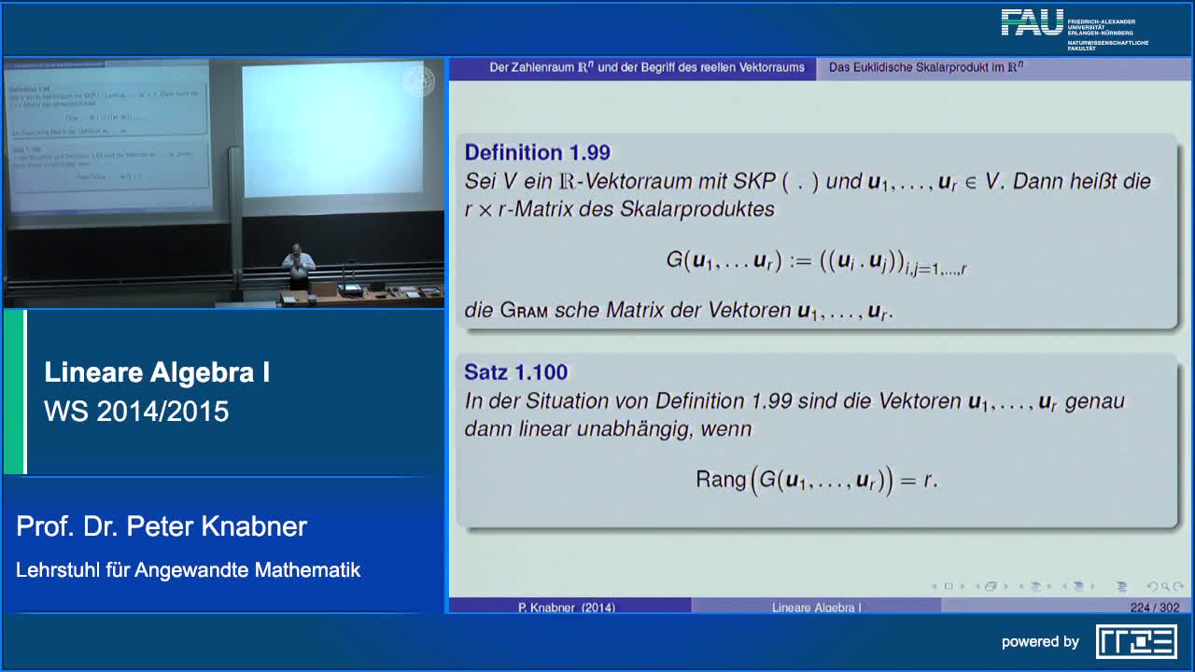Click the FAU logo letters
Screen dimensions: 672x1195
click(1032, 22)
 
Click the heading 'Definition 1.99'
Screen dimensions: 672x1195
click(537, 152)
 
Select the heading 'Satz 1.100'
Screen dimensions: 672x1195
click(515, 372)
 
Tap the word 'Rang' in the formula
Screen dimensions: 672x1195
click(720, 480)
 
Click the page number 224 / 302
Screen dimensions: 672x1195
click(1154, 608)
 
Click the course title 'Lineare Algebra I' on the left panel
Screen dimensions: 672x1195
click(157, 373)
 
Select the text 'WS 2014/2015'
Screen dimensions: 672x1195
click(136, 412)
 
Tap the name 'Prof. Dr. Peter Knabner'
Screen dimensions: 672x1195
click(162, 526)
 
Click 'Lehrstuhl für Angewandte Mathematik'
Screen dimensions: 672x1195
click(188, 569)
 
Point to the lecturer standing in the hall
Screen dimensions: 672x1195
click(297, 266)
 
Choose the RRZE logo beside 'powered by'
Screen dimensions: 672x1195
click(1136, 641)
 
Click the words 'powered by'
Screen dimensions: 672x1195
click(1040, 642)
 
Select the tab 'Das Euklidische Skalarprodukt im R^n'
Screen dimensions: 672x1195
click(926, 67)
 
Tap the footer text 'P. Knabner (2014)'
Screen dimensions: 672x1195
click(567, 608)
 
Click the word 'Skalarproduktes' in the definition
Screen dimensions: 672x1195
click(697, 209)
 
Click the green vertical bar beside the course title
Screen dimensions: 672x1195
click(14, 392)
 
